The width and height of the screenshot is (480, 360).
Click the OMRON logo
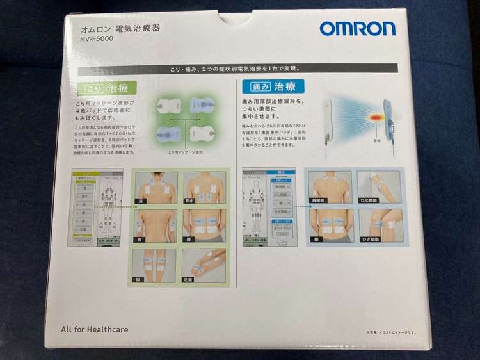[x=357, y=29]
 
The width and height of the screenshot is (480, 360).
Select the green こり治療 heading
[x=102, y=86]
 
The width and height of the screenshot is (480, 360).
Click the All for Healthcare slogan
[x=94, y=329]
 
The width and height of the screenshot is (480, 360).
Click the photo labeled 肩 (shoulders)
[x=154, y=187]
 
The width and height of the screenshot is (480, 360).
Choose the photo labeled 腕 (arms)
[x=154, y=225]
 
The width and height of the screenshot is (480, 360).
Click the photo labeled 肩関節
[x=330, y=187]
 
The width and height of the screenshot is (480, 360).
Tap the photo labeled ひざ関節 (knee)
[x=380, y=225]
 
